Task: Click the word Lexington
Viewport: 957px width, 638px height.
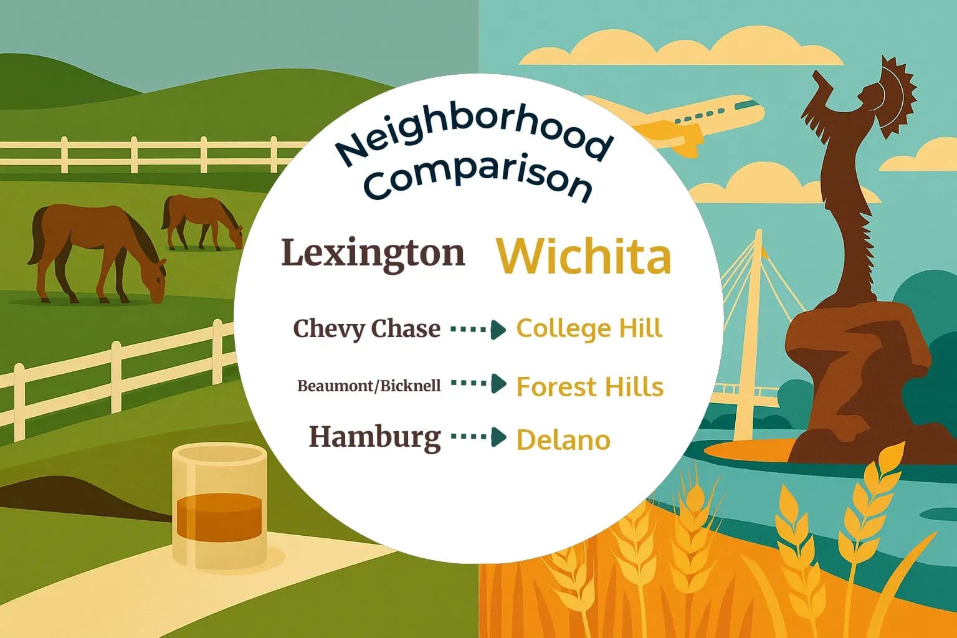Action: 373,253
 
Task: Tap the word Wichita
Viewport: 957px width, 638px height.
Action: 584,256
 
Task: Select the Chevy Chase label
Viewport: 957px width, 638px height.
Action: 366,328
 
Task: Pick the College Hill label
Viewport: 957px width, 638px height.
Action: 589,328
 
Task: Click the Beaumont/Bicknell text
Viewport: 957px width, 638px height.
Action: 369,386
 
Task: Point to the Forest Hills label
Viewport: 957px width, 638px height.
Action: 589,387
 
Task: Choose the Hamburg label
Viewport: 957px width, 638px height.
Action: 374,437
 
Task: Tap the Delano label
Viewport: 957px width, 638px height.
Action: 563,440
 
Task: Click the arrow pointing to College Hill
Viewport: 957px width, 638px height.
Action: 478,329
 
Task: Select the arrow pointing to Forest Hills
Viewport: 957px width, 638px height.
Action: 478,384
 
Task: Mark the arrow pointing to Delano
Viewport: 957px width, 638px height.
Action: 478,437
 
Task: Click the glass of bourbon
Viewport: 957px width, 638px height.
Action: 219,505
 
